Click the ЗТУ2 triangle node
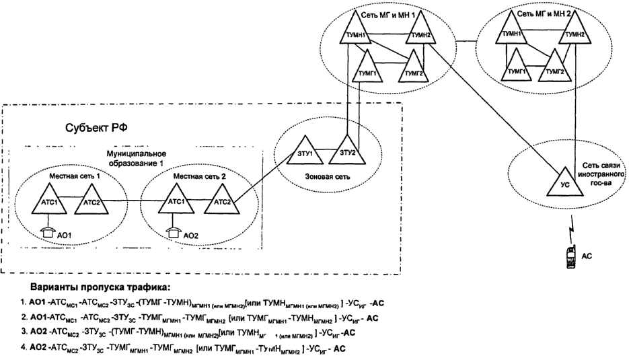(x=346, y=149)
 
